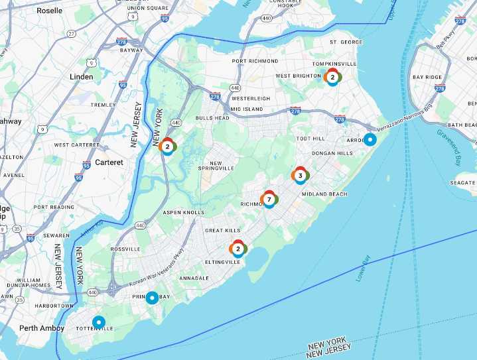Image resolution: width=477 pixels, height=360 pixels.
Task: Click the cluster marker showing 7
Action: pos(269,199)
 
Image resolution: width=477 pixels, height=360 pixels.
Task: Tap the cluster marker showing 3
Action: pos(300,176)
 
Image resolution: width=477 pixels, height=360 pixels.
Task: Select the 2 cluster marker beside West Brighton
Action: pos(332,77)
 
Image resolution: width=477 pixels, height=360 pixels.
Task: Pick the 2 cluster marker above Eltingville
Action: pos(238,249)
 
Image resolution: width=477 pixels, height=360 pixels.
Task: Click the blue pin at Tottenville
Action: pos(99,322)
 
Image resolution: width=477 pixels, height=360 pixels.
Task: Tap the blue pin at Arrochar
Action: pos(370,140)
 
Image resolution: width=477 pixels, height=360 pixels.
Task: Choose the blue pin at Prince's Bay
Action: pos(152,298)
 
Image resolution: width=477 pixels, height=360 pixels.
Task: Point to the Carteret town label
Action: pos(109,162)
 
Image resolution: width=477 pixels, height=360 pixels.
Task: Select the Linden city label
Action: pos(82,77)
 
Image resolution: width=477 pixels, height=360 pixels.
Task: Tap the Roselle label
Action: pos(49,11)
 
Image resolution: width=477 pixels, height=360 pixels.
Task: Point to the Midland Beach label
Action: pos(324,194)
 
